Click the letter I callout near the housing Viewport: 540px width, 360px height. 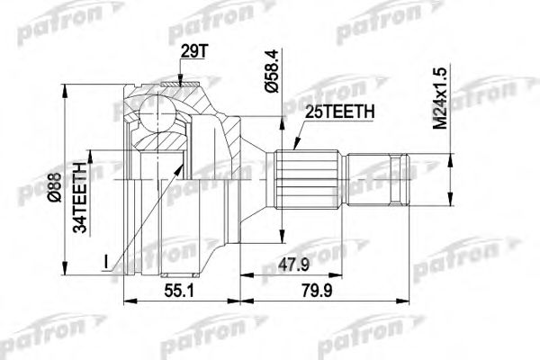click(105, 262)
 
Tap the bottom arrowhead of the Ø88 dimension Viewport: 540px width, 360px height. click(65, 270)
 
